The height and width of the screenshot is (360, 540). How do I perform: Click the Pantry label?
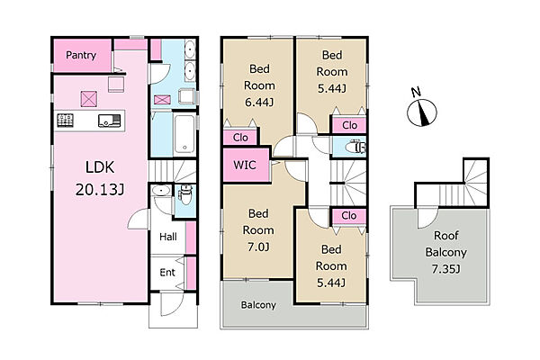81,55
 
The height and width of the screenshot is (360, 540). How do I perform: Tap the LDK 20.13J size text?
100,189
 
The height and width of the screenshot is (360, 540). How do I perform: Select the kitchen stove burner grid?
65,121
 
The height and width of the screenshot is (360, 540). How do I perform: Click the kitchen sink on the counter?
109,121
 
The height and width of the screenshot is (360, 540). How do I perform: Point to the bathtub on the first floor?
184,135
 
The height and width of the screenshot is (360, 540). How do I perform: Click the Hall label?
168,237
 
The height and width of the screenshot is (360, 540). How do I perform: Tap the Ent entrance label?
167,272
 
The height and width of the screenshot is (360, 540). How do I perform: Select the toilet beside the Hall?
185,194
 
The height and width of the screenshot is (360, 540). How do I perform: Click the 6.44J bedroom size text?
259,103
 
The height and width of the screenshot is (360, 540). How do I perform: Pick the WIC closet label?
245,165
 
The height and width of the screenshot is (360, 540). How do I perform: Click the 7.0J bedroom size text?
258,247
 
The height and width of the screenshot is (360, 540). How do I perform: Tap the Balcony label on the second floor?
258,305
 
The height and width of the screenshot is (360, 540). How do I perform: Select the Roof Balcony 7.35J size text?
446,269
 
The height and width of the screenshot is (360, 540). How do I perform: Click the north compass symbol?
422,112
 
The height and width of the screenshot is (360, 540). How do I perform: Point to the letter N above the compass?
416,92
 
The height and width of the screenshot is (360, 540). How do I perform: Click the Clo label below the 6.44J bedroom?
240,138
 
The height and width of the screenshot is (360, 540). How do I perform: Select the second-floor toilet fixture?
355,147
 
